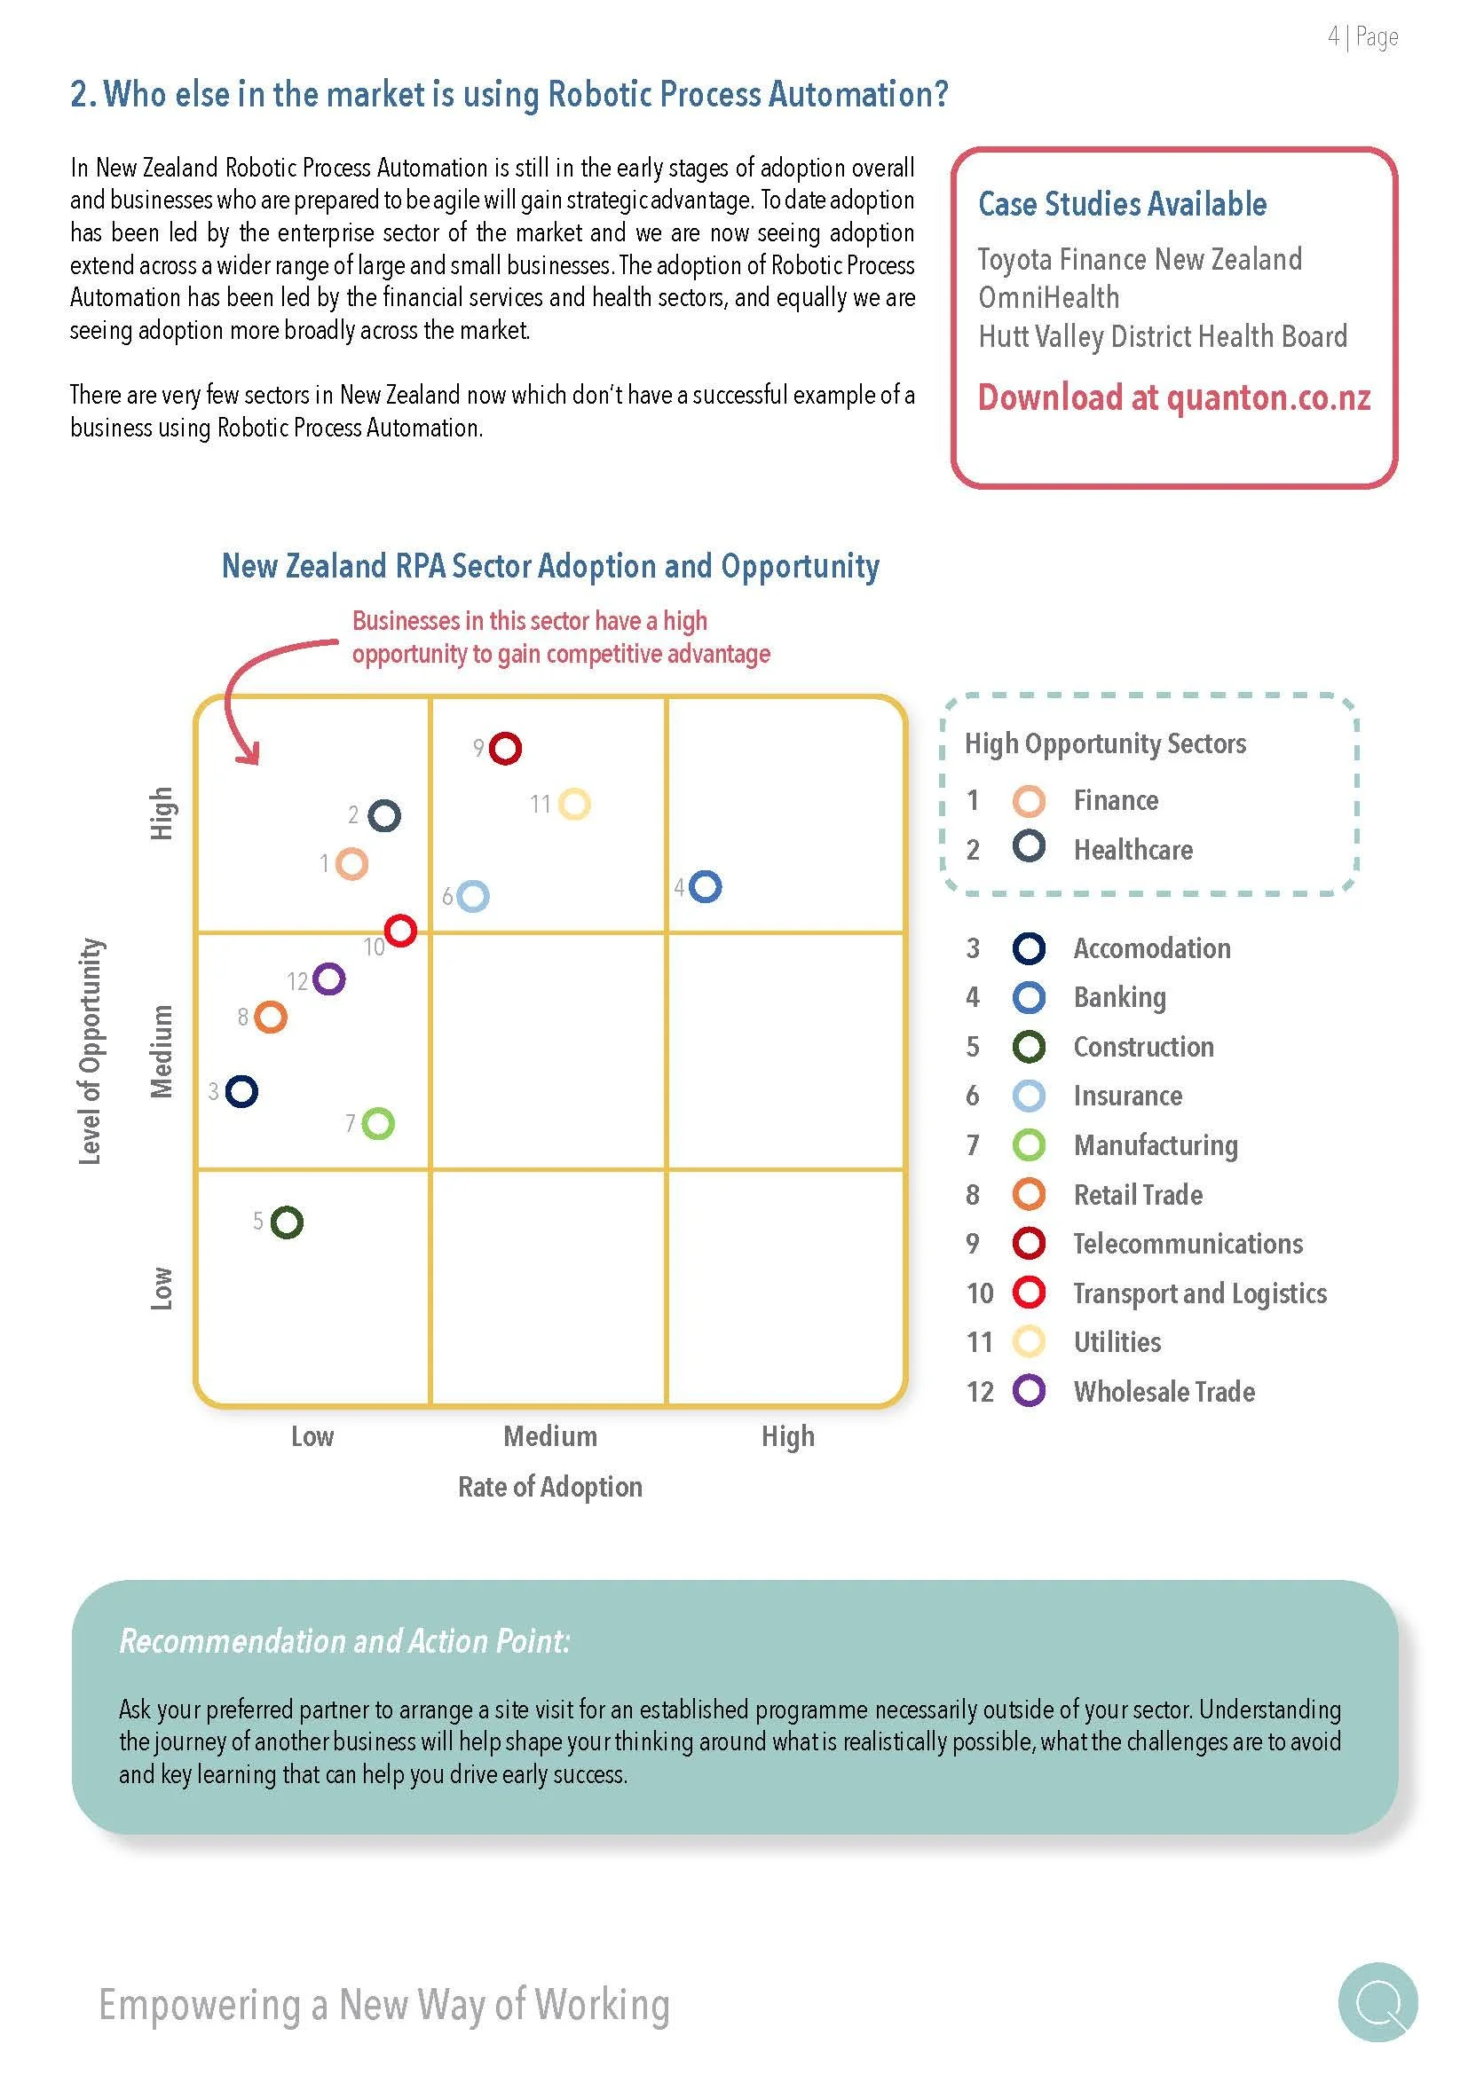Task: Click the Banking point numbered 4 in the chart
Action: click(x=705, y=886)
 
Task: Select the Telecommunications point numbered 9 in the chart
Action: click(x=505, y=749)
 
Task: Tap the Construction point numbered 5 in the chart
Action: click(x=288, y=1222)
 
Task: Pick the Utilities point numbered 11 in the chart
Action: click(x=574, y=804)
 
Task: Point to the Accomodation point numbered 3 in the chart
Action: click(x=241, y=1092)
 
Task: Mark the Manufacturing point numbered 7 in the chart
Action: click(x=378, y=1123)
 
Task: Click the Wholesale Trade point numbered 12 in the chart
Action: click(x=328, y=979)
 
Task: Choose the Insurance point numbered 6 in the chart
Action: click(x=473, y=896)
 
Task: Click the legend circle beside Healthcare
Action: click(x=1029, y=847)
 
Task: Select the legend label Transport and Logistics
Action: click(x=1200, y=1293)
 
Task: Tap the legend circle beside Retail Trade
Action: click(x=1029, y=1194)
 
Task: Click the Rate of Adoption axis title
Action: click(x=549, y=1487)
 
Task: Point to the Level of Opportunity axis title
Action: click(x=90, y=1051)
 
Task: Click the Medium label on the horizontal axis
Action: click(x=549, y=1436)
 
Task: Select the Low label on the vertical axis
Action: click(x=161, y=1288)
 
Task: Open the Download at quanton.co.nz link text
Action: click(x=1173, y=397)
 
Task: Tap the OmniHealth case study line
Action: click(x=1048, y=297)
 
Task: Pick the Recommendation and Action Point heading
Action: click(x=344, y=1641)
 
